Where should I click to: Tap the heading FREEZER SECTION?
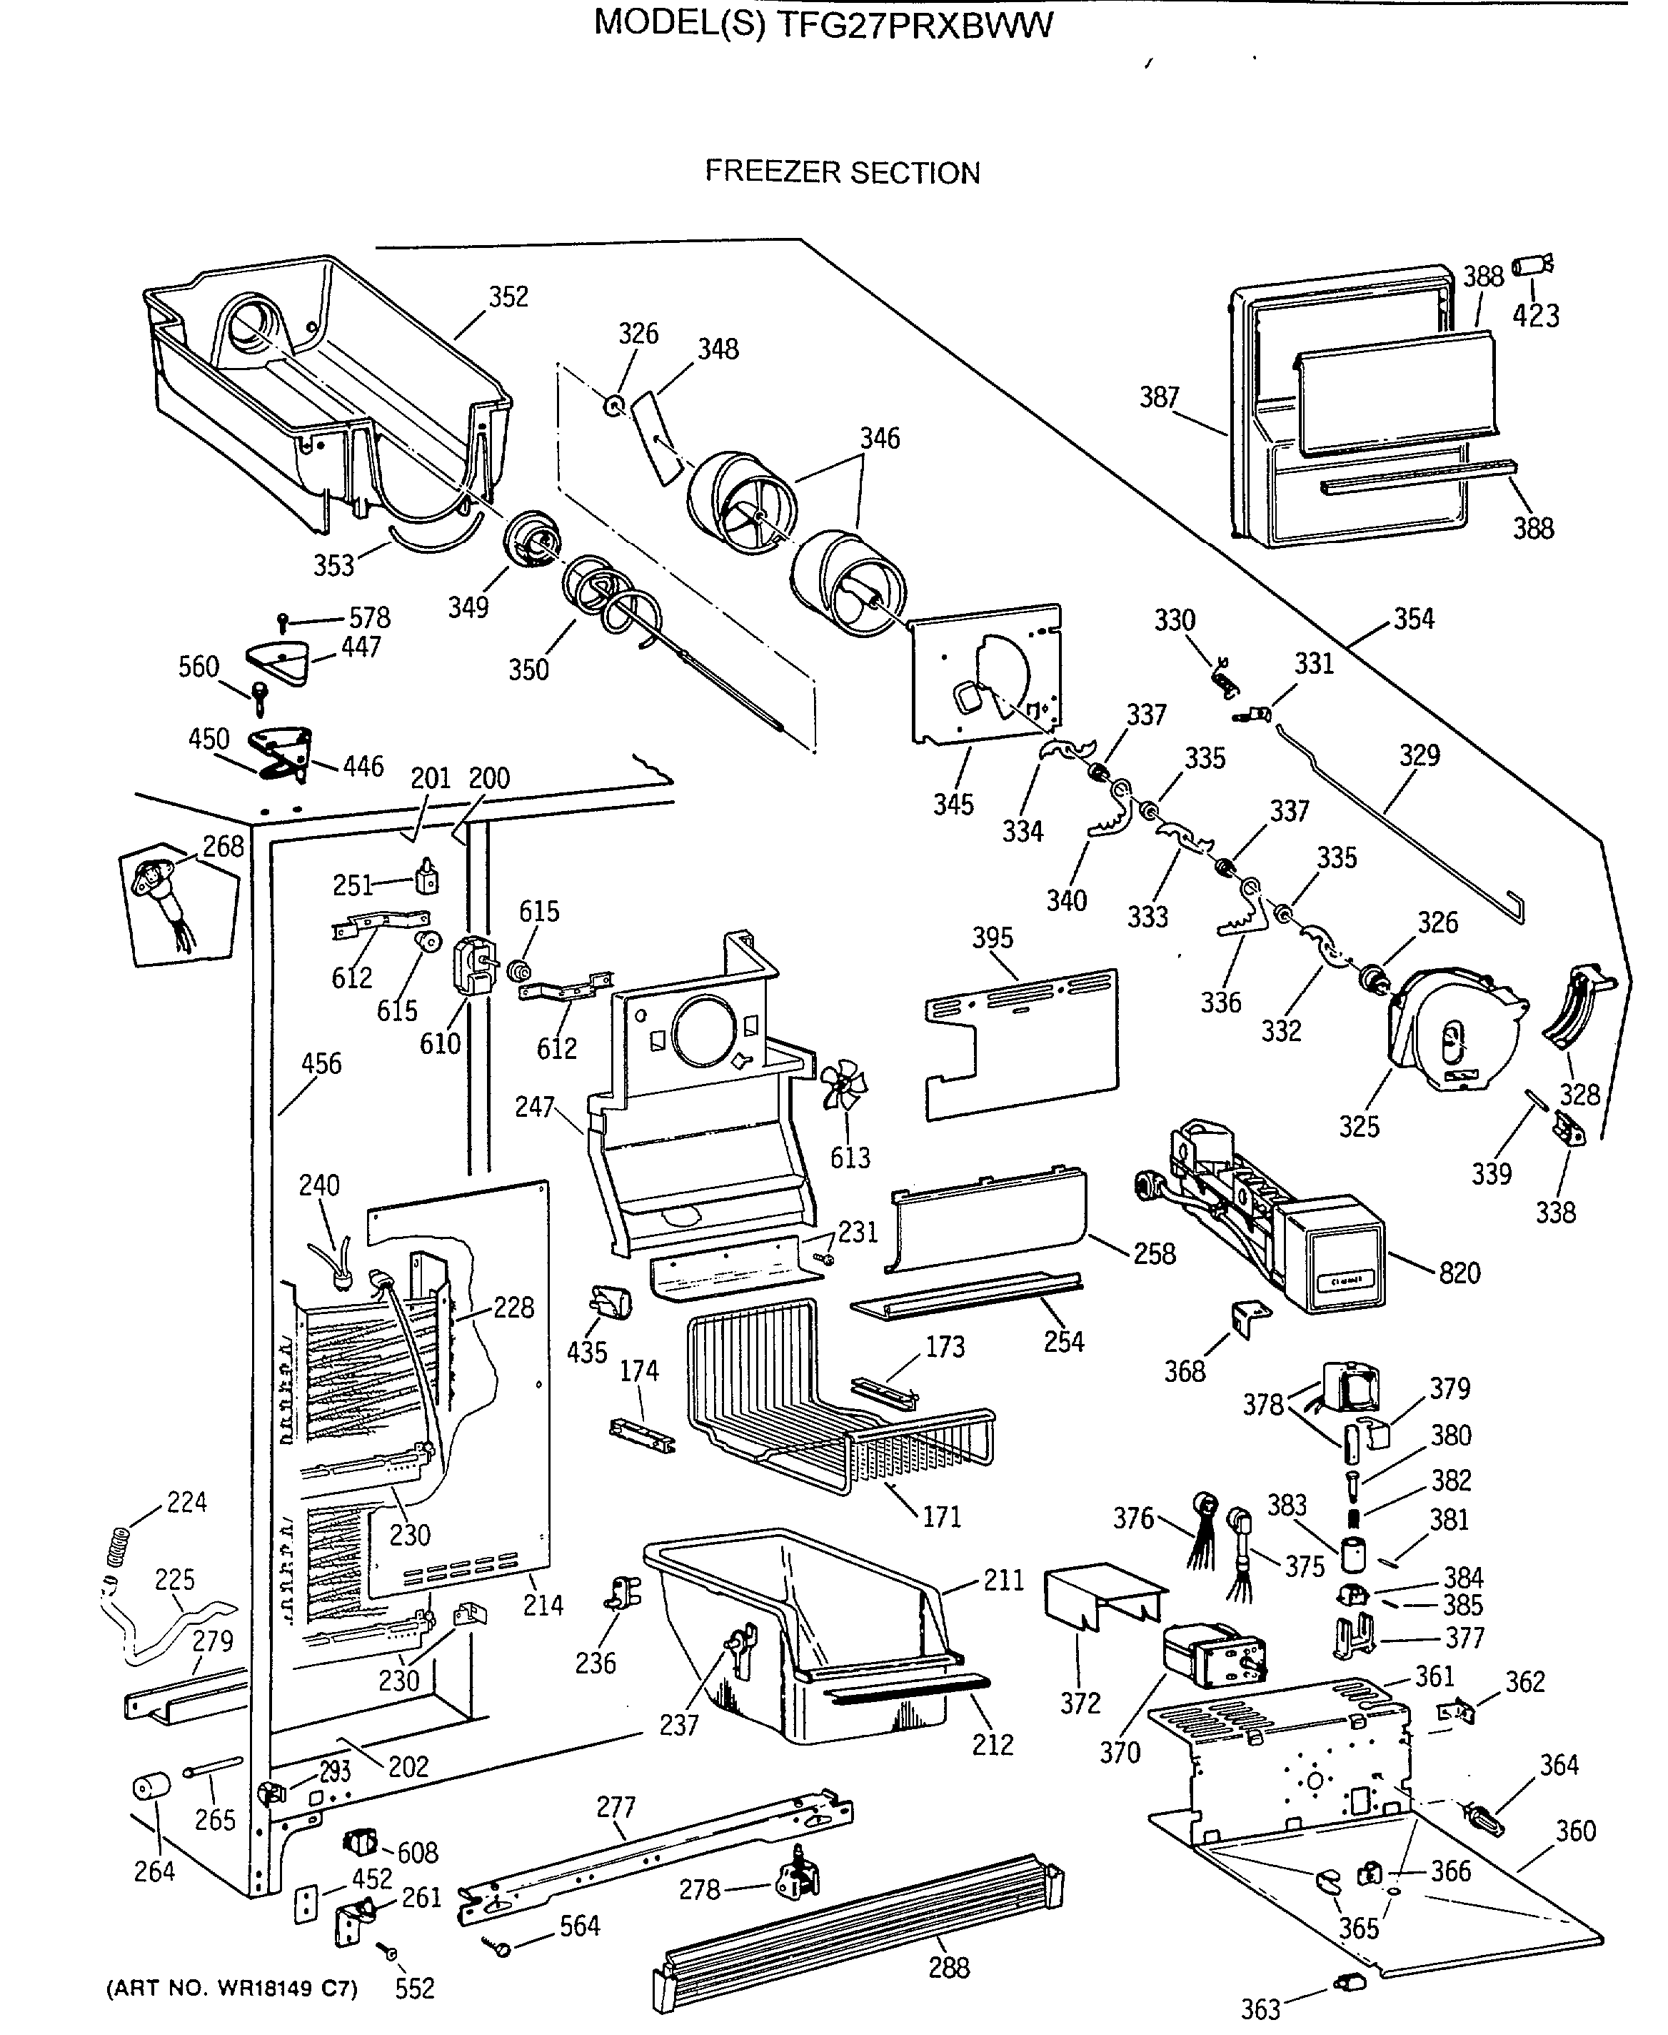(842, 173)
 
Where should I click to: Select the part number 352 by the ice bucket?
(508, 297)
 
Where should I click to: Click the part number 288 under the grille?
(948, 1966)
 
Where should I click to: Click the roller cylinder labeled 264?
(150, 1788)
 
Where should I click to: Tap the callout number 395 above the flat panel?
(992, 937)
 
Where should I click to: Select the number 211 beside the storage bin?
(1003, 1581)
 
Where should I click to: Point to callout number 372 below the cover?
(1079, 1703)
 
